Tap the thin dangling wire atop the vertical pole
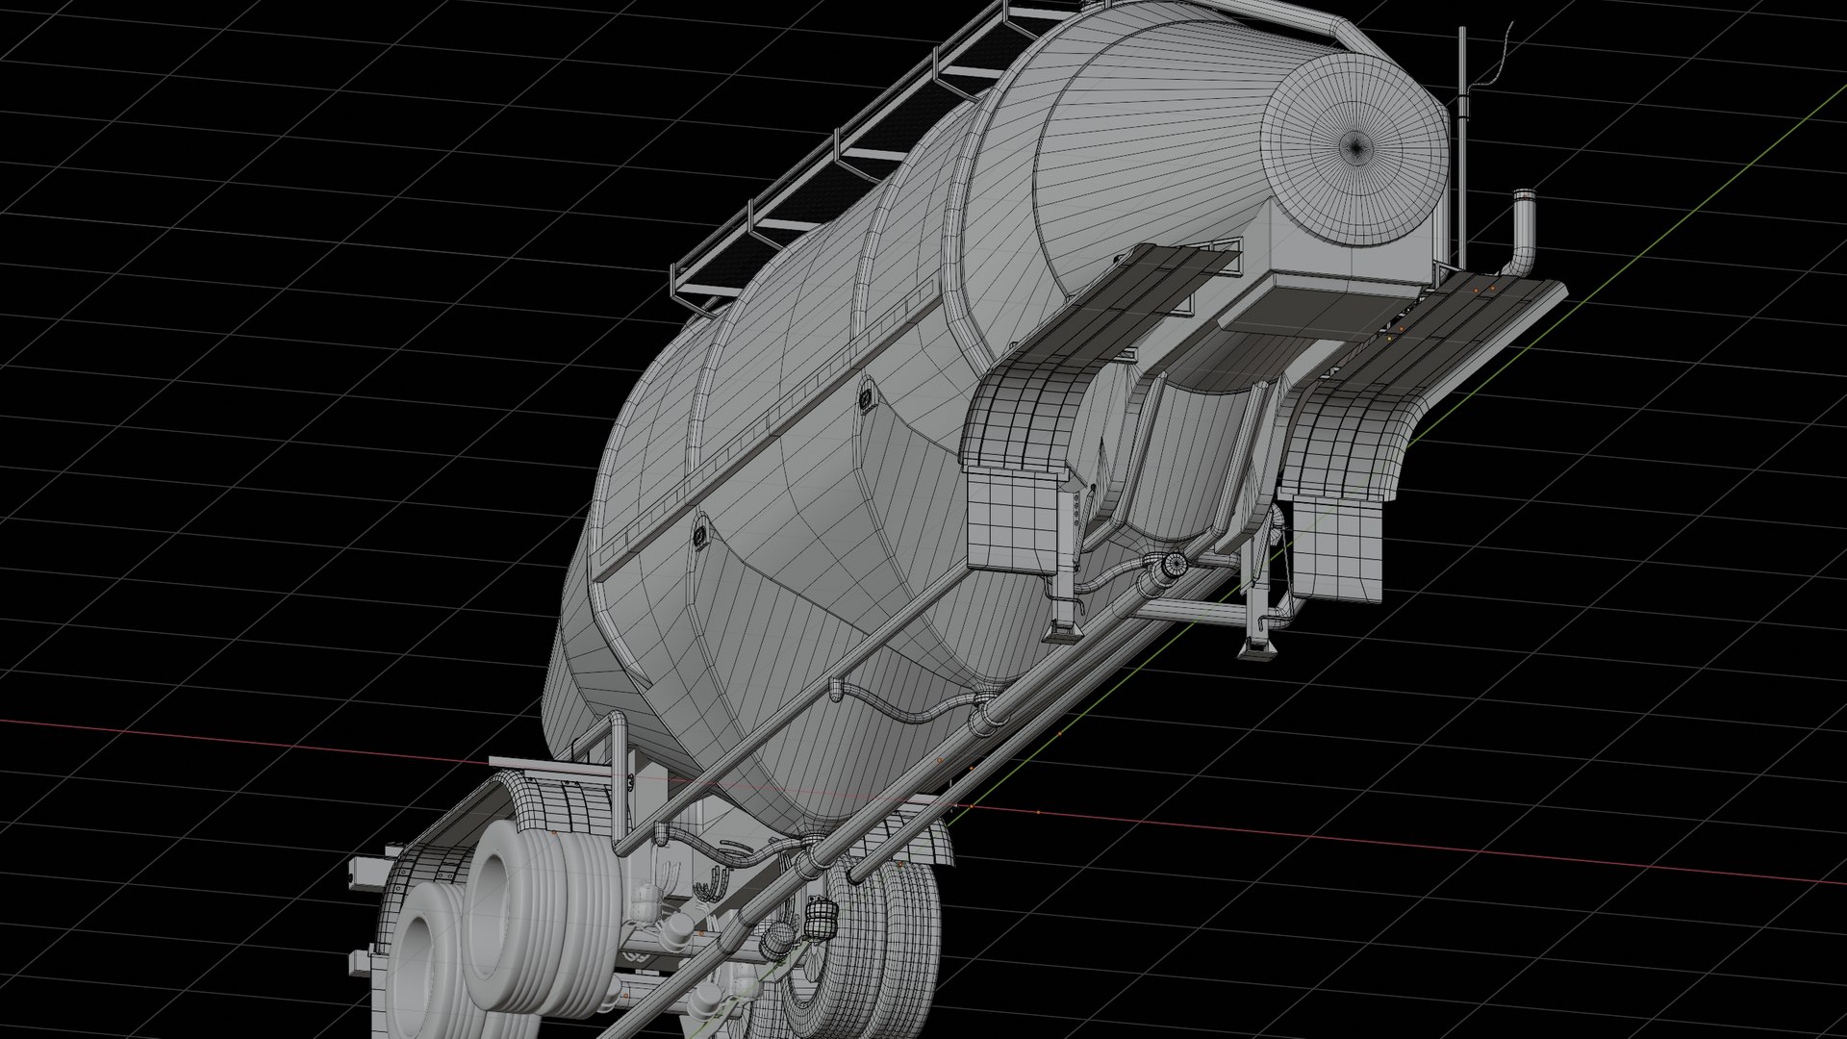pos(1497,53)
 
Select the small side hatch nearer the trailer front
pos(867,398)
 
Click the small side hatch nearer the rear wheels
pos(700,534)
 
